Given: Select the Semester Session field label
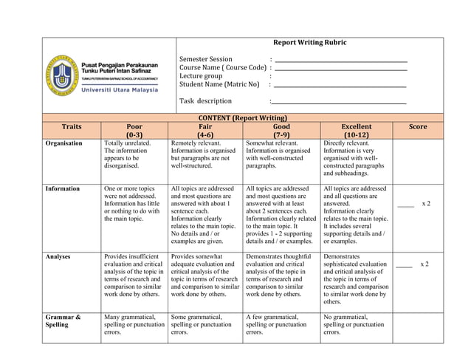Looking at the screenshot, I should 206,59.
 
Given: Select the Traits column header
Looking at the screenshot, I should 72,127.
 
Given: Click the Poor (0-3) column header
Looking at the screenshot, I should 135,131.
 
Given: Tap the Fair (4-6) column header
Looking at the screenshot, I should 205,131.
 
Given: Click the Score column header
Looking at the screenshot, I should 418,127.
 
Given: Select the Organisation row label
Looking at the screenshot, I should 63,143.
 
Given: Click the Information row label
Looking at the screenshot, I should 62,189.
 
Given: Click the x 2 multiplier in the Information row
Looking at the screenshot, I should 426,203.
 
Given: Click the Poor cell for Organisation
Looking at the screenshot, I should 126,154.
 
